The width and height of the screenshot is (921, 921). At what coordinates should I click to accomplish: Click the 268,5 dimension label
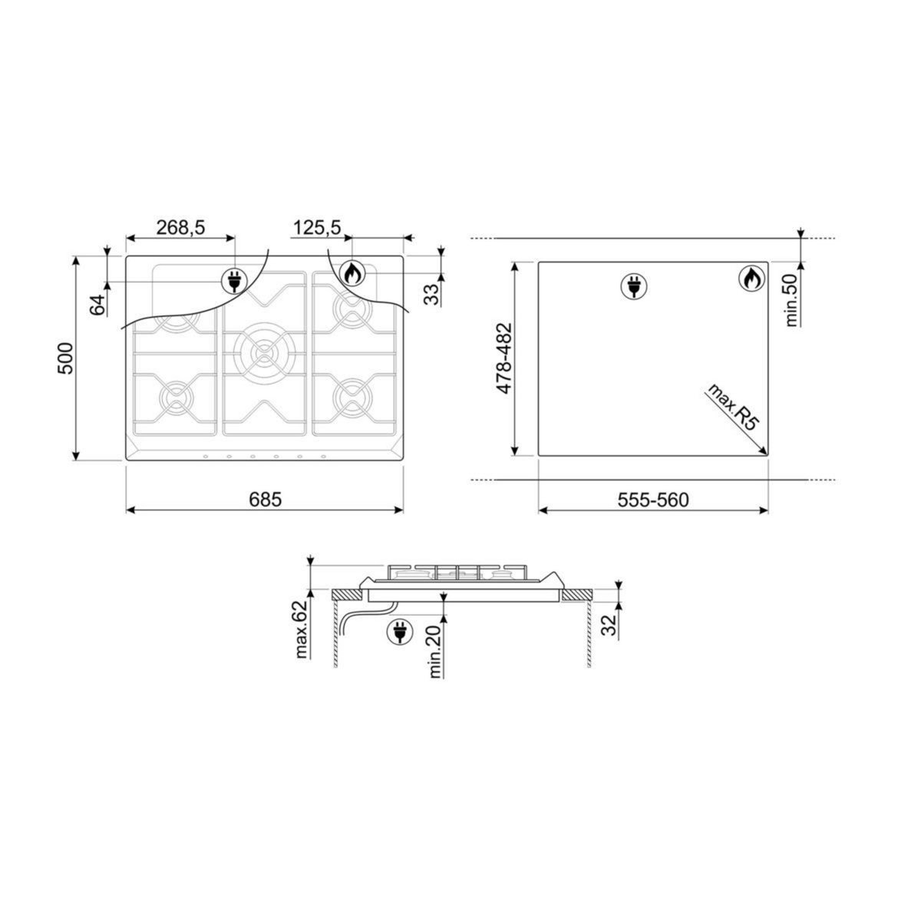[x=180, y=227]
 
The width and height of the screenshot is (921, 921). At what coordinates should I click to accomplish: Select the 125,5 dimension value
[x=316, y=227]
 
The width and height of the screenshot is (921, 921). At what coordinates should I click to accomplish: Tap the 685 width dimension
[x=265, y=500]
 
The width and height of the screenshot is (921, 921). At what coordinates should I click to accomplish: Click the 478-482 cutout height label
[x=503, y=358]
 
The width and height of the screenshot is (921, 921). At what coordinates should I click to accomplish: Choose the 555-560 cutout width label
[x=653, y=500]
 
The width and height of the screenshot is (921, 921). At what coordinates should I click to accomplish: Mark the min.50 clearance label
[x=794, y=300]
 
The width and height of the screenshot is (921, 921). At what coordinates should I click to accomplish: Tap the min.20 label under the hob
[x=435, y=652]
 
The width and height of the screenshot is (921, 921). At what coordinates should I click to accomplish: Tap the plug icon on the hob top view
[x=234, y=281]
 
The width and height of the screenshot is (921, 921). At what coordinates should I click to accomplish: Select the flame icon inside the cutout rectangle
[x=751, y=279]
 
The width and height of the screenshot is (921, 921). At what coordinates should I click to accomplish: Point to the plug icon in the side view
[x=398, y=631]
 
